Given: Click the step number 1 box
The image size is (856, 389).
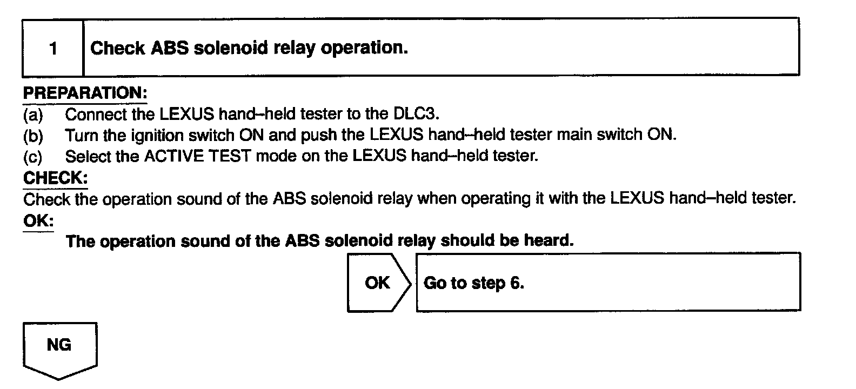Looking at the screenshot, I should pyautogui.click(x=53, y=49).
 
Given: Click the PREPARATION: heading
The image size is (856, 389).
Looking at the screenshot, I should pyautogui.click(x=85, y=93).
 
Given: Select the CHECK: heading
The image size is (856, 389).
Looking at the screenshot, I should pyautogui.click(x=55, y=178).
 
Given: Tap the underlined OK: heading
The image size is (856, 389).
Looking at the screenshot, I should pyautogui.click(x=38, y=221).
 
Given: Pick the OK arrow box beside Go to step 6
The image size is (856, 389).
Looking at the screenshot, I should pyautogui.click(x=377, y=283).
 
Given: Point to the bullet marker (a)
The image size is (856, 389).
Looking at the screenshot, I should pyautogui.click(x=33, y=115).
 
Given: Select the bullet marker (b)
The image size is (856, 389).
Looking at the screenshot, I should pyautogui.click(x=33, y=135).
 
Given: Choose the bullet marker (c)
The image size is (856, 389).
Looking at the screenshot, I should pyautogui.click(x=33, y=157).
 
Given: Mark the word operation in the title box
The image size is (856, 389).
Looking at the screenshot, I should pyautogui.click(x=364, y=49).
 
